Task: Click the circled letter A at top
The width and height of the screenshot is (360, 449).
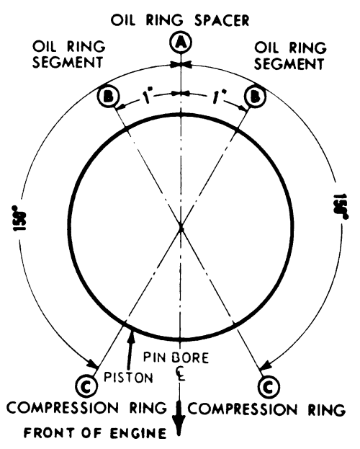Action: [180, 43]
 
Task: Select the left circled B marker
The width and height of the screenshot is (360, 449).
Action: [109, 97]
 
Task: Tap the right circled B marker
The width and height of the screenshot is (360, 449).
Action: [255, 97]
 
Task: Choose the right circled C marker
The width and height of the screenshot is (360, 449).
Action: [269, 388]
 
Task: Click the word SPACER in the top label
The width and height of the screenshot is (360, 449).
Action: [222, 21]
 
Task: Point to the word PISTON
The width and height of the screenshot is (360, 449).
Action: [128, 378]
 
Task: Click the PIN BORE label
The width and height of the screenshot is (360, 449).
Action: [176, 357]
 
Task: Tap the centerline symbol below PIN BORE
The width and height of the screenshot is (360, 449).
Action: [180, 373]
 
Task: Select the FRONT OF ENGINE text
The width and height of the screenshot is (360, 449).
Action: [95, 433]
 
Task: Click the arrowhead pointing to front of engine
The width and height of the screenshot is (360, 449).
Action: [179, 424]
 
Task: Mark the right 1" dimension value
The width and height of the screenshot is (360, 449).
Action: [218, 97]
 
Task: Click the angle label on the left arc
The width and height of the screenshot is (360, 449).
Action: [19, 218]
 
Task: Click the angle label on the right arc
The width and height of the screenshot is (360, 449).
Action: [341, 207]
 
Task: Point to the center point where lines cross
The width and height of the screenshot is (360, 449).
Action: [181, 228]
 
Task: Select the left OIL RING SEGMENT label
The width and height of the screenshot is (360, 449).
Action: [68, 54]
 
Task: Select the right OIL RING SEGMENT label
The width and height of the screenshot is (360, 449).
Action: [290, 55]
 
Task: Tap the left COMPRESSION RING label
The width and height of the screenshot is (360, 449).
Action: [86, 408]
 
